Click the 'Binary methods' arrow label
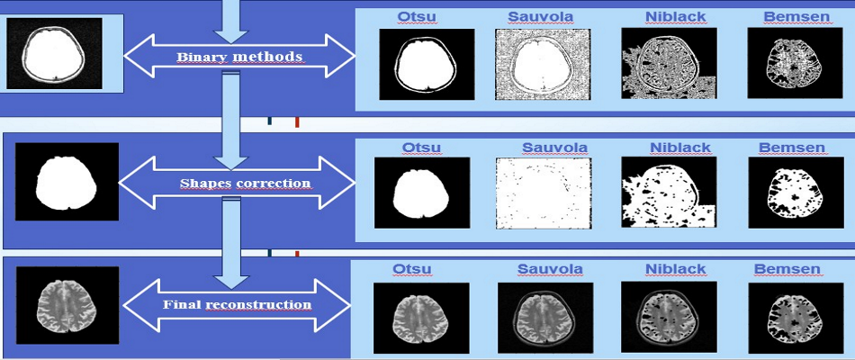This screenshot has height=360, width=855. pyautogui.click(x=239, y=57)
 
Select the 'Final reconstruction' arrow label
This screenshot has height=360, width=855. pyautogui.click(x=238, y=304)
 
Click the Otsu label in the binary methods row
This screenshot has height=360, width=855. pyautogui.click(x=417, y=16)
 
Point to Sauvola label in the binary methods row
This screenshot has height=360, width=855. pyautogui.click(x=540, y=16)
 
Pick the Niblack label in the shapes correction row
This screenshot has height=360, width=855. pyautogui.click(x=680, y=148)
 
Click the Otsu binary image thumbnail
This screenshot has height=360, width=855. pyautogui.click(x=427, y=65)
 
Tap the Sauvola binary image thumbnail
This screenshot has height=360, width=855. pyautogui.click(x=543, y=65)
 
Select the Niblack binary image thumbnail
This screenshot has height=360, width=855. pyautogui.click(x=669, y=63)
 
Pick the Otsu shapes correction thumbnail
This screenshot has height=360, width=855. pyautogui.click(x=422, y=193)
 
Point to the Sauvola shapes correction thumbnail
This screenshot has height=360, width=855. pyautogui.click(x=544, y=194)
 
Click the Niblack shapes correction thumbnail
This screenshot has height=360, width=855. pyautogui.click(x=669, y=193)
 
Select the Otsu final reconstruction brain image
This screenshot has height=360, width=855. pyautogui.click(x=421, y=319)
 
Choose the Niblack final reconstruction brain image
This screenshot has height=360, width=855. pyautogui.click(x=669, y=318)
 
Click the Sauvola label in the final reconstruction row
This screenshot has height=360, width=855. pyautogui.click(x=550, y=269)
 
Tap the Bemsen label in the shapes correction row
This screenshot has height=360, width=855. pyautogui.click(x=792, y=148)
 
